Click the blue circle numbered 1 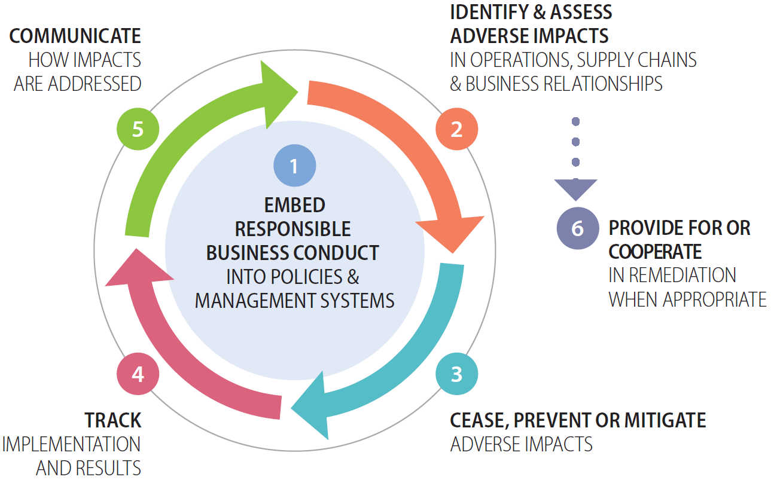[294, 166]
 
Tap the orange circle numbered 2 [456, 129]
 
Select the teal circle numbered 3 [456, 374]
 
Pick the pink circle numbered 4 [138, 374]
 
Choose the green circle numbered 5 [138, 129]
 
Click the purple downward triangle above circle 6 [575, 189]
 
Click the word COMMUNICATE [75, 36]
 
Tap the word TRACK [112, 420]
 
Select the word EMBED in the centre [294, 205]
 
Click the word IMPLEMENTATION [71, 444]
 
